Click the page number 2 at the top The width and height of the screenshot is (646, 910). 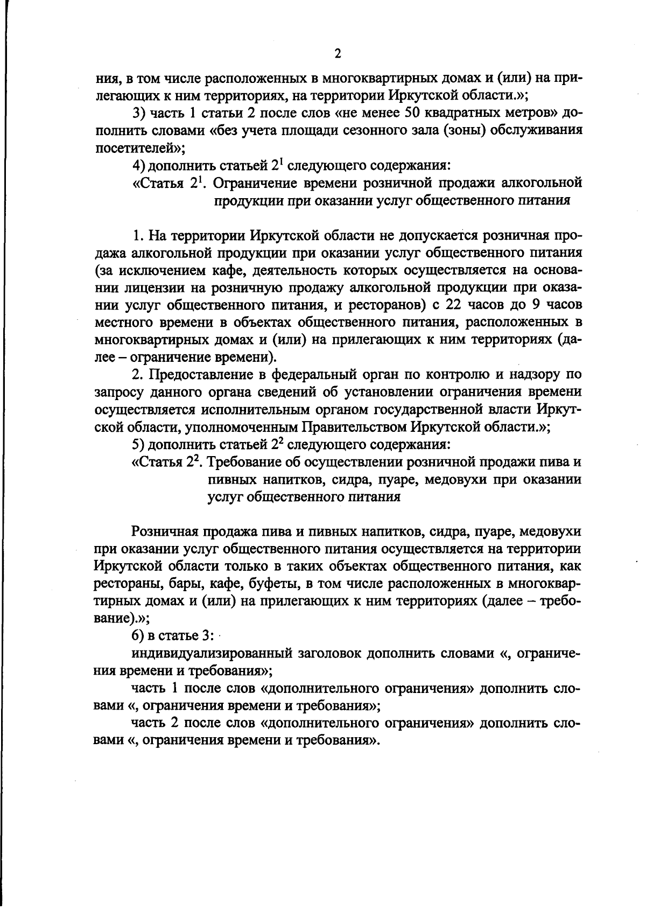[338, 53]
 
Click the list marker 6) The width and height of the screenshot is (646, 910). [139, 635]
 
